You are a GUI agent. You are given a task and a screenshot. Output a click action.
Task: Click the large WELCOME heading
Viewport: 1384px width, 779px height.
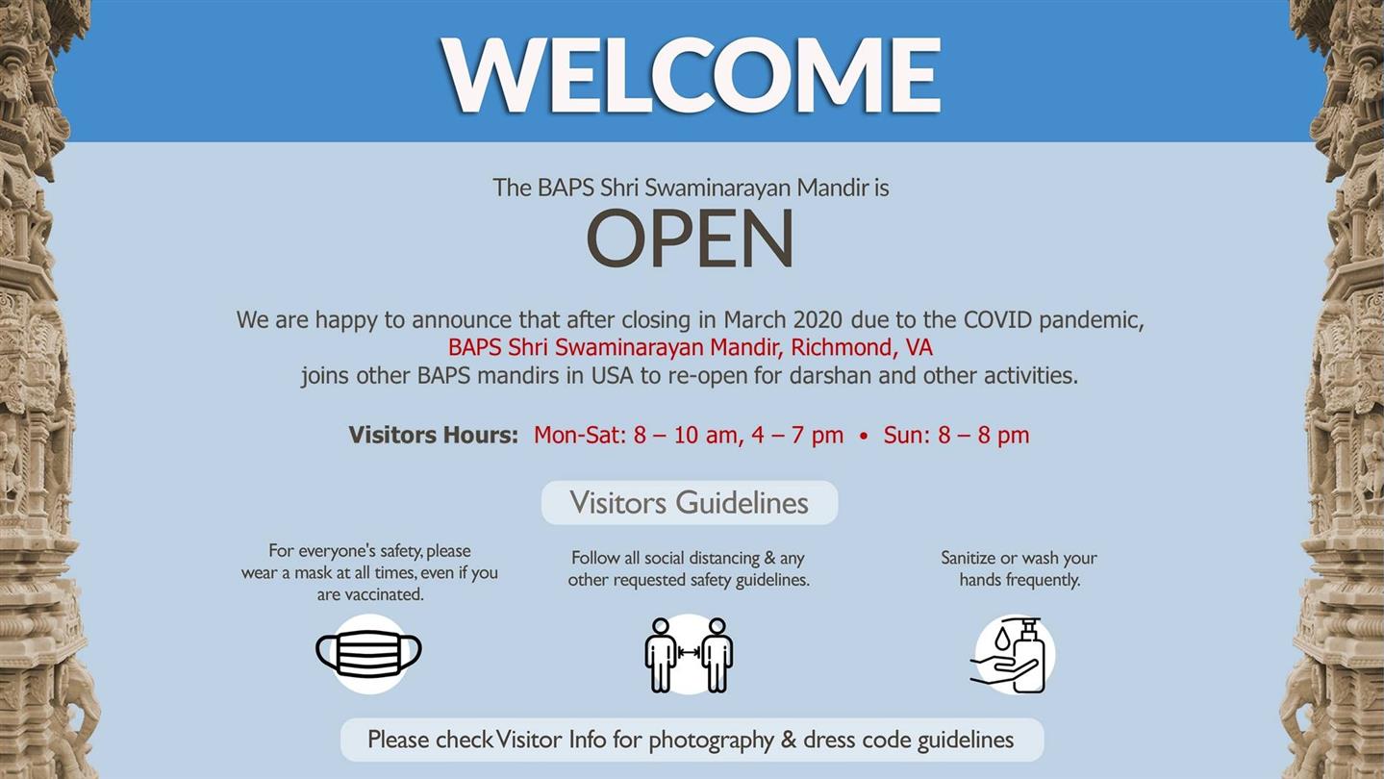tap(691, 74)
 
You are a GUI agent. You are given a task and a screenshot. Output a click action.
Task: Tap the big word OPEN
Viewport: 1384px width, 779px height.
tap(690, 238)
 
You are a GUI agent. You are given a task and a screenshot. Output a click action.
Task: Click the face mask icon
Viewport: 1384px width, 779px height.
tap(369, 654)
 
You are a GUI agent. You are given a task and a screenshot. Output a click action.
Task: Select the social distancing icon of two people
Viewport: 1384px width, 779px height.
tap(689, 655)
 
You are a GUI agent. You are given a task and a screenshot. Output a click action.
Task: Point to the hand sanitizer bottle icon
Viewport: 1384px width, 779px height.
tap(1015, 655)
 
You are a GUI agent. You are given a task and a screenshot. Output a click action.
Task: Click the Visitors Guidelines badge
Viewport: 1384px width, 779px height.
tap(690, 503)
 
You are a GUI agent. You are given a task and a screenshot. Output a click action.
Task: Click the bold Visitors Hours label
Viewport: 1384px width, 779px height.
tap(433, 435)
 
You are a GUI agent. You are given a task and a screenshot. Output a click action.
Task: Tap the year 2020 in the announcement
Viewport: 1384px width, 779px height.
tap(818, 319)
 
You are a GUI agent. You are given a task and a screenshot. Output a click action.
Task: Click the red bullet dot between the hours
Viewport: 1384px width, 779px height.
tap(863, 436)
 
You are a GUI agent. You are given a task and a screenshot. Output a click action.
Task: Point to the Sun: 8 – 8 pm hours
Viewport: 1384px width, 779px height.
tap(956, 435)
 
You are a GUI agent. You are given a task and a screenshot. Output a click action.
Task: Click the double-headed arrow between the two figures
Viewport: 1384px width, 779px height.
tap(689, 651)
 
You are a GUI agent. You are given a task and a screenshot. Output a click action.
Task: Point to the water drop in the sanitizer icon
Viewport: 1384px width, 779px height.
tap(1002, 639)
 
